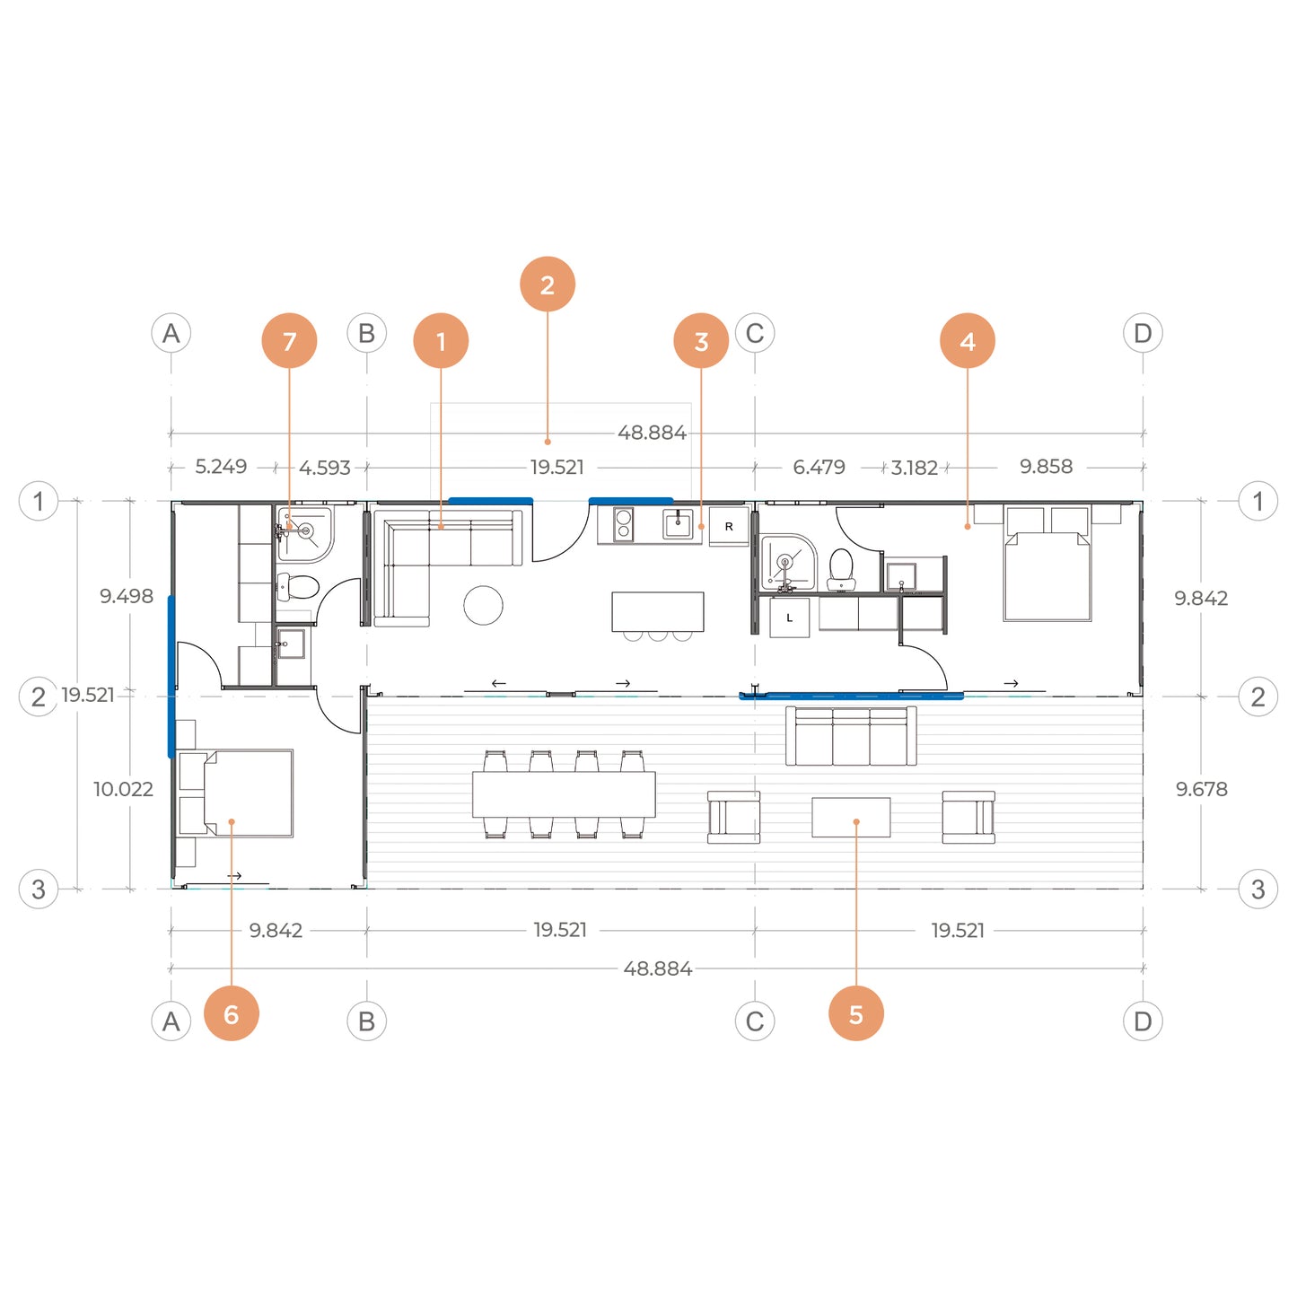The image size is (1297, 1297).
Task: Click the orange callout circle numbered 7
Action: [289, 340]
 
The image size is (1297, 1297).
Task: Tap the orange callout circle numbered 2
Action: [548, 284]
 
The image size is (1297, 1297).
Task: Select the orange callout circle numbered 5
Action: [855, 1013]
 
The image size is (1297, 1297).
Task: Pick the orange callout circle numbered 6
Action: [231, 1013]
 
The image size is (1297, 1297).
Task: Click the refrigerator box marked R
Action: [728, 526]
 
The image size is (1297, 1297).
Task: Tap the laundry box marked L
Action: [790, 618]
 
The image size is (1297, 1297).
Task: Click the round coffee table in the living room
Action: [483, 605]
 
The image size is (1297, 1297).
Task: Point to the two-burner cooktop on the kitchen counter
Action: [623, 524]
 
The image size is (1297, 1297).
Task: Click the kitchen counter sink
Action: [677, 523]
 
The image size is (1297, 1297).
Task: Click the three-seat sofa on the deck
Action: [851, 736]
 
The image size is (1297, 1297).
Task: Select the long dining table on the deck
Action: [564, 794]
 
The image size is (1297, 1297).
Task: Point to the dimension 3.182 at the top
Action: [914, 467]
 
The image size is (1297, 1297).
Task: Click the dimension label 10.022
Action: [123, 789]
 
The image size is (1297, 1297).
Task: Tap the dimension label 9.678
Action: [1202, 789]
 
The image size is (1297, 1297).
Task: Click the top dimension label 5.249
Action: [221, 466]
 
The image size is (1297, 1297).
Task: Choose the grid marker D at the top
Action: [1143, 332]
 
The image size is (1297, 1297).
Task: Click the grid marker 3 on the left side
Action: [39, 889]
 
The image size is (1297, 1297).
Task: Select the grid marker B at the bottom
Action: [366, 1021]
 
